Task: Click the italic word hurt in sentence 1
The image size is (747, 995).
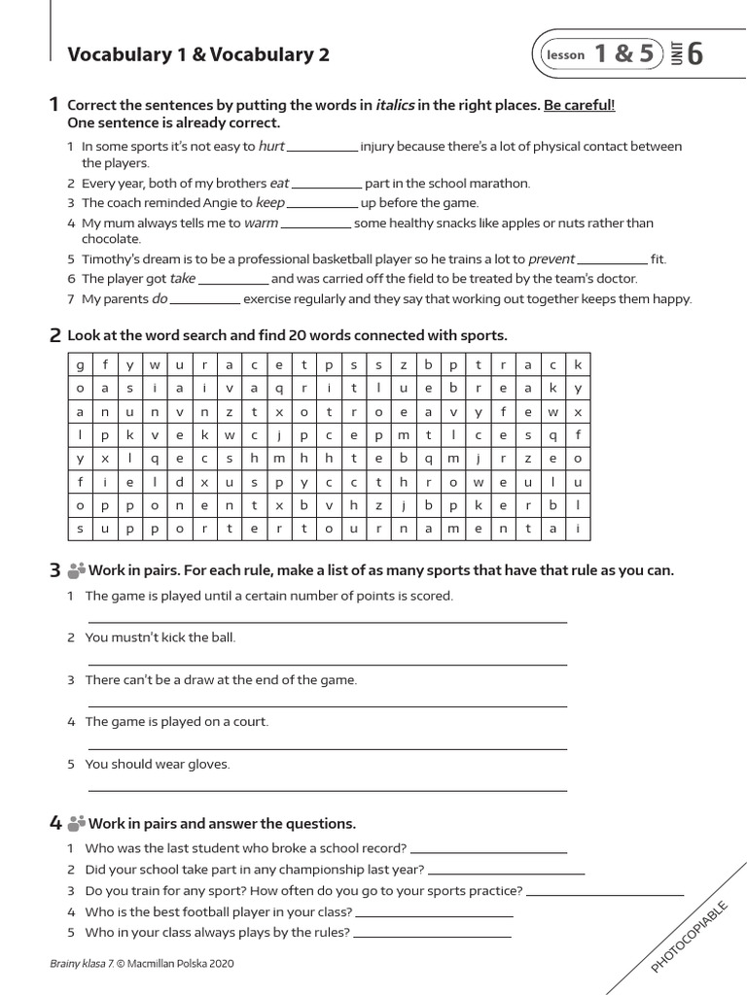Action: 271,147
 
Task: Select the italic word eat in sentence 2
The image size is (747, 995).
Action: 279,183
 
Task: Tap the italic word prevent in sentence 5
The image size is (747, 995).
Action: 551,259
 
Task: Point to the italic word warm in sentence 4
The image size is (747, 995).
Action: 261,223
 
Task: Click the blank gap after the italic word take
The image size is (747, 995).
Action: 233,279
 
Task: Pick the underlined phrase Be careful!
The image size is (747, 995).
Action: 580,105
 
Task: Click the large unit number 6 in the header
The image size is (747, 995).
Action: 694,55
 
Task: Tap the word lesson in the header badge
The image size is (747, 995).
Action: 566,55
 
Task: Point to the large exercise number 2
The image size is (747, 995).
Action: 55,336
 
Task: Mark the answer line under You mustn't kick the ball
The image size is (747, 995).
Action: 327,665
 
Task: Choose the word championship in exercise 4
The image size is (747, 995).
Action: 314,870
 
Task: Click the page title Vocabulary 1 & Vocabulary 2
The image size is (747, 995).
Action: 198,55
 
